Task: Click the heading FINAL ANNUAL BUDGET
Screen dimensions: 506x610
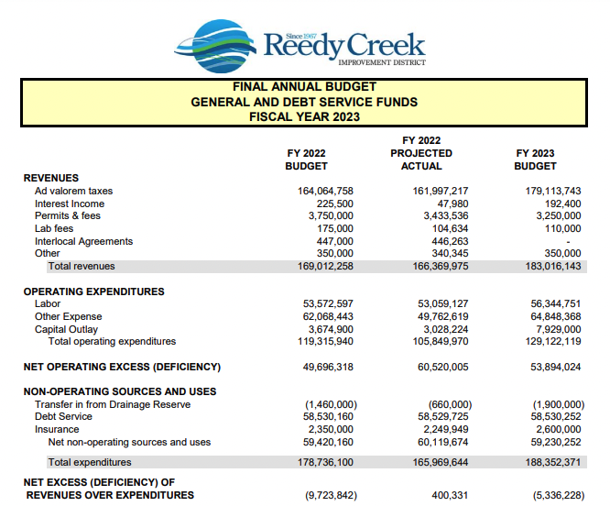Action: [x=304, y=87]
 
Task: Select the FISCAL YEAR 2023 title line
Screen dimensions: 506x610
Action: [x=304, y=116]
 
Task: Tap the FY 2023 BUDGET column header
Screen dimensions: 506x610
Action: [x=535, y=159]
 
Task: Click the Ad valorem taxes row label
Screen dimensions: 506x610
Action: [x=73, y=191]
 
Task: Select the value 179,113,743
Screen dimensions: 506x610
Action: [x=549, y=191]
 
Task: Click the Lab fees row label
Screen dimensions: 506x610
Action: [x=57, y=228]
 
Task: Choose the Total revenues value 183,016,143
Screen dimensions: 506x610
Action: [x=549, y=266]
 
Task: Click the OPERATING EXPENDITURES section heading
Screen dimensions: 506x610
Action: [x=93, y=291]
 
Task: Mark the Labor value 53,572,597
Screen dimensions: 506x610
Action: [x=328, y=303]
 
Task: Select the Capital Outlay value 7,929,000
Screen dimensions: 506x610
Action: [x=556, y=329]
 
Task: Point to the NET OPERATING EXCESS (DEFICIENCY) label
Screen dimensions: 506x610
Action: [x=122, y=367]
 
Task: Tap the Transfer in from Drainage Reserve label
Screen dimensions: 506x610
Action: [x=113, y=404]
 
